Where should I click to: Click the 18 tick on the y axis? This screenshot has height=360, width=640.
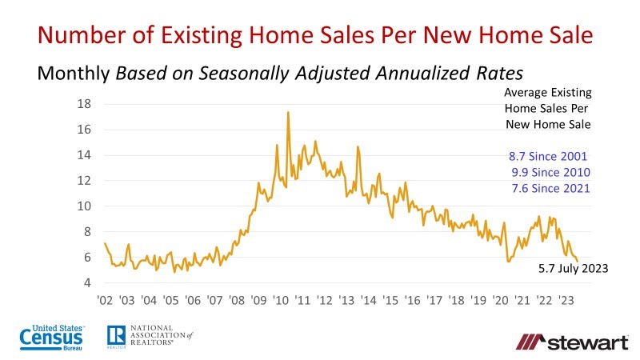[83, 104]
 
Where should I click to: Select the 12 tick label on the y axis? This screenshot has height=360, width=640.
[83, 181]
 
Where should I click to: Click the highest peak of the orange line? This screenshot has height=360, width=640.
[288, 112]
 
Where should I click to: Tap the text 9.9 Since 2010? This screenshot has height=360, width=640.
[550, 172]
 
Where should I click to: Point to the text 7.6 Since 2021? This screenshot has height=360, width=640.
[550, 188]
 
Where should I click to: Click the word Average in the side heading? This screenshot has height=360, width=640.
[526, 94]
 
